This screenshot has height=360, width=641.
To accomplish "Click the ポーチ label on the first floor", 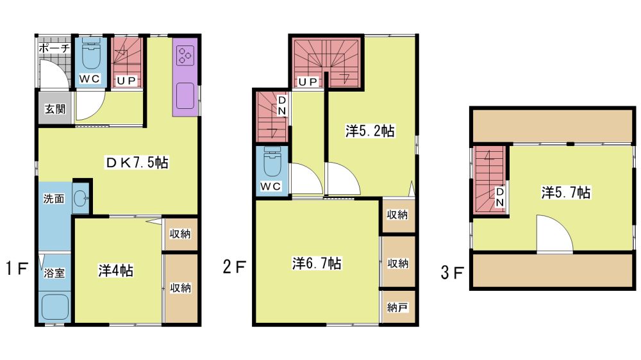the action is [54, 48].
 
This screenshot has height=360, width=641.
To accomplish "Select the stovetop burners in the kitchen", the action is [185, 56].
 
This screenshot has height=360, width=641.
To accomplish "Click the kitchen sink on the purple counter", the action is [185, 95].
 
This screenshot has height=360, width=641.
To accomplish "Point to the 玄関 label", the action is [54, 109].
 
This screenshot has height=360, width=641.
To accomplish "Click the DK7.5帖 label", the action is [137, 163].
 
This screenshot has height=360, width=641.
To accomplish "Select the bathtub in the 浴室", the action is [55, 307].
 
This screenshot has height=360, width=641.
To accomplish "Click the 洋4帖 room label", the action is [115, 270].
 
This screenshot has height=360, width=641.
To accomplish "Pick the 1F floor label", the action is [17, 268].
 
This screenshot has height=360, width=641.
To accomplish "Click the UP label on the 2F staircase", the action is [308, 82].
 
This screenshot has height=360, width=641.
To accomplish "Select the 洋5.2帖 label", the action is [370, 131].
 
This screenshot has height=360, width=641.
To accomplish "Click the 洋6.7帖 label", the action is [317, 263].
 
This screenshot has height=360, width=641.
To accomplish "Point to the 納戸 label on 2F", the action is [397, 307].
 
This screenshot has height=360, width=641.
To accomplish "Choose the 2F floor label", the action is [234, 267].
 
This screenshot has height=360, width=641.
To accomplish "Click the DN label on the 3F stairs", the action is [500, 197].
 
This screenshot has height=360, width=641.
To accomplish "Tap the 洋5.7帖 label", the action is [566, 192].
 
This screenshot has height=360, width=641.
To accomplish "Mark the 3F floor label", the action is [452, 272].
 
